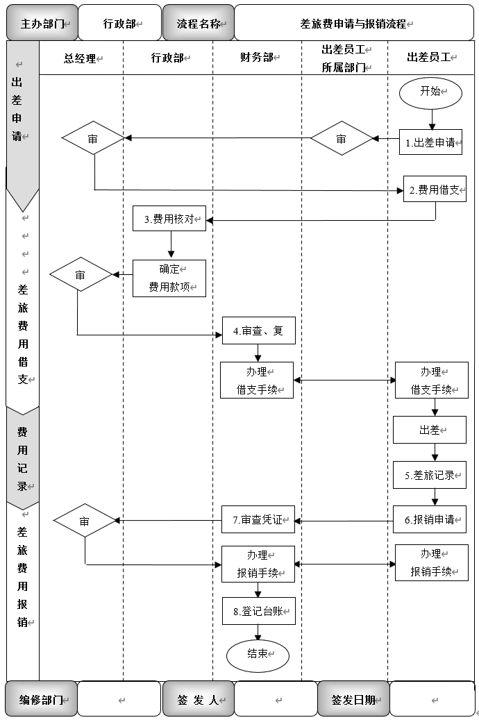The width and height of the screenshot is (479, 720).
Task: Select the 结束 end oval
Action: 258,654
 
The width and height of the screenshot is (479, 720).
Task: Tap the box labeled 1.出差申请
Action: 430,142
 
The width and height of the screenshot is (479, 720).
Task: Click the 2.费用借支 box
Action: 435,189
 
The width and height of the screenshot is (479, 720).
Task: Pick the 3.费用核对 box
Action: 169,219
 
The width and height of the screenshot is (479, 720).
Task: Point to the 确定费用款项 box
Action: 169,278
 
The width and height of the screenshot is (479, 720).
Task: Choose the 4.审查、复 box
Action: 258,330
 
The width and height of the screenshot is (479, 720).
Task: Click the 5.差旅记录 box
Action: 430,475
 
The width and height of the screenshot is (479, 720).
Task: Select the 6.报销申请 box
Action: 430,519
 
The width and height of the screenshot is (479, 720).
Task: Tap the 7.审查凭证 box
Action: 258,519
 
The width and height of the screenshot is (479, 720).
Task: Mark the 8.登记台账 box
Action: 258,612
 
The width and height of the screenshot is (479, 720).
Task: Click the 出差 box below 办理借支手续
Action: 430,430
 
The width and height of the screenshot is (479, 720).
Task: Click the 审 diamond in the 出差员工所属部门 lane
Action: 342,140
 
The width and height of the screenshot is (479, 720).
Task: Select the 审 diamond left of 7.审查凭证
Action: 85,521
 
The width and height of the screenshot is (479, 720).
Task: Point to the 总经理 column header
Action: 81,58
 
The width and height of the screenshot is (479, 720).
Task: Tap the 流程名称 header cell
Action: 198,24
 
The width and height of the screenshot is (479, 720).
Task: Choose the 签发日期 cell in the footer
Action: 353,699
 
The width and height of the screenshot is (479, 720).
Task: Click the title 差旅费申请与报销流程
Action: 354,24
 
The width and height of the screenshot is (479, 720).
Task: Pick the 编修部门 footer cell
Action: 41,699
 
